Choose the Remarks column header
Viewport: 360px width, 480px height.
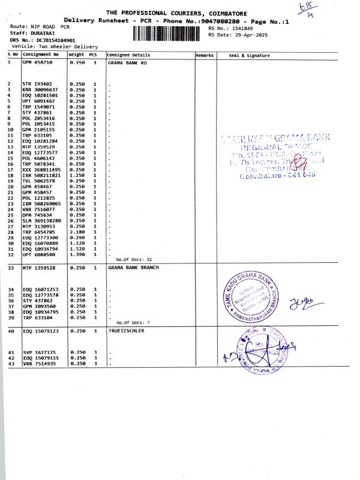(205, 55)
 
